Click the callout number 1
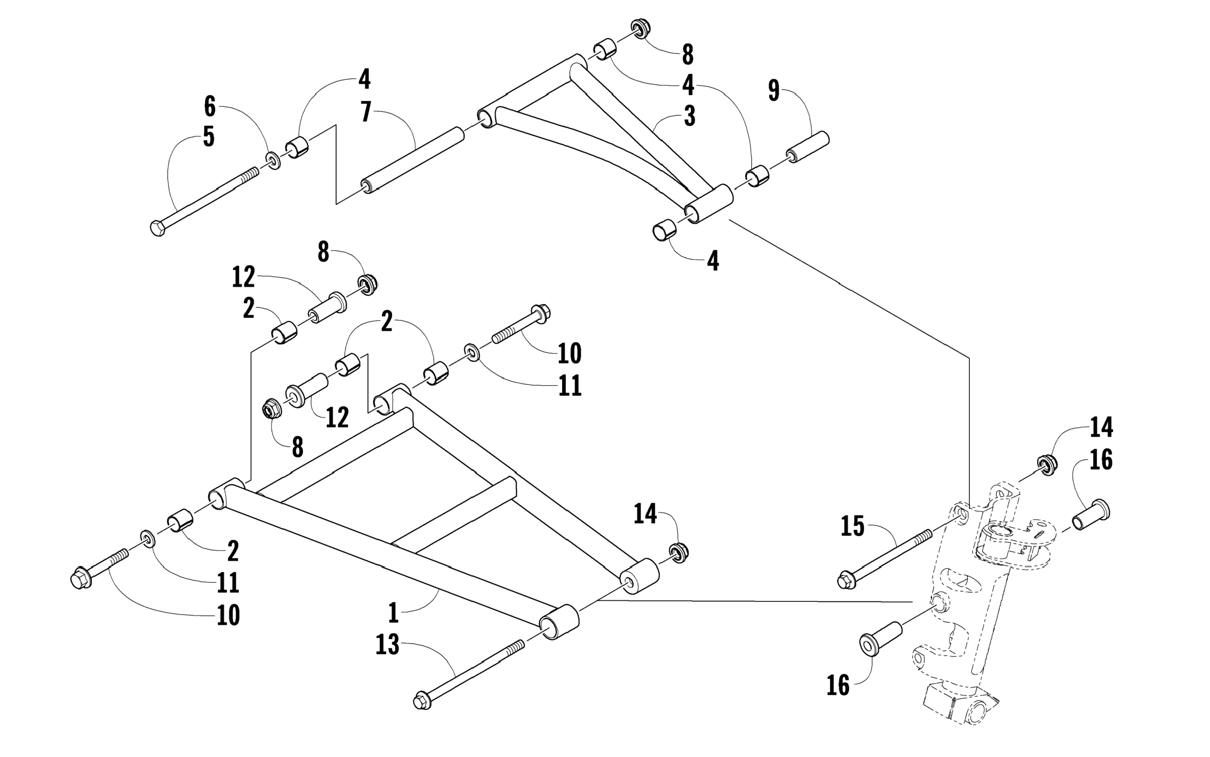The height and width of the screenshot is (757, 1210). coord(393,613)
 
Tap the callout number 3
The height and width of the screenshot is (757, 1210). coord(689,116)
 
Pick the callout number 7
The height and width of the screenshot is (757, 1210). coord(366,112)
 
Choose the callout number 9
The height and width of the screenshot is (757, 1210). coord(774,91)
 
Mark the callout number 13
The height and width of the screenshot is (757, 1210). coord(387,644)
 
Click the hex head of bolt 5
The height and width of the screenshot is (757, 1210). coord(157,229)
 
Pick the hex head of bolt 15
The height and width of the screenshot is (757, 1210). coord(846,581)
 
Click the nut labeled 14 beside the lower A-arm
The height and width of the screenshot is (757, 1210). coord(679,552)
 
